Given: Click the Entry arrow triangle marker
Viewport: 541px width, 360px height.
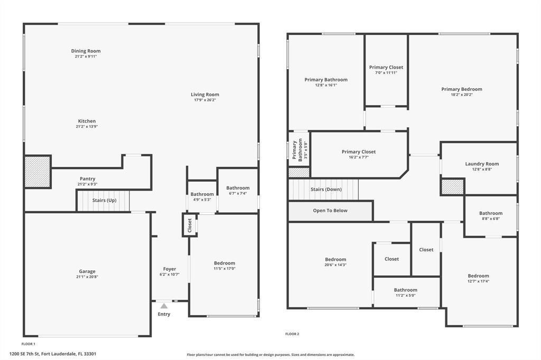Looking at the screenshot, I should pyautogui.click(x=164, y=306).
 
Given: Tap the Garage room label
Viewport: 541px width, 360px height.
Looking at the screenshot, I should pyautogui.click(x=87, y=271).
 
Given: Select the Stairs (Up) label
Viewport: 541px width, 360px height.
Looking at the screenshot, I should pyautogui.click(x=104, y=201).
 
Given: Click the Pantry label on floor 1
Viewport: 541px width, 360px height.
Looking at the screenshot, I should pyautogui.click(x=87, y=179).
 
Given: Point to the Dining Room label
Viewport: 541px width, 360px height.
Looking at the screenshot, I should pyautogui.click(x=86, y=51).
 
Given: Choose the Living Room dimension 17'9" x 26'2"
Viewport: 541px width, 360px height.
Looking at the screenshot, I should pyautogui.click(x=204, y=100).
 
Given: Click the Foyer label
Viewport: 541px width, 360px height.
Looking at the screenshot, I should pyautogui.click(x=170, y=269).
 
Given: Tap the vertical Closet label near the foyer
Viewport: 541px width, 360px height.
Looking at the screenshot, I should pyautogui.click(x=190, y=225).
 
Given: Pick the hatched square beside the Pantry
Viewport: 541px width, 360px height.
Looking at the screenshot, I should pyautogui.click(x=38, y=172).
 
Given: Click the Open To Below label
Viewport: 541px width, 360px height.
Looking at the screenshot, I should pyautogui.click(x=330, y=211).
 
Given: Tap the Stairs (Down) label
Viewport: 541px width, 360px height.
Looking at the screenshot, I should pyautogui.click(x=326, y=190).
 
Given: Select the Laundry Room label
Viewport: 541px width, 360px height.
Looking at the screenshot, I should pyautogui.click(x=482, y=164).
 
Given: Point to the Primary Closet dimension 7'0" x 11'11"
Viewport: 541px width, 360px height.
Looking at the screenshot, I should pyautogui.click(x=386, y=73).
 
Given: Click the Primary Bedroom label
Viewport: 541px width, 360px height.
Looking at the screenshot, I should pyautogui.click(x=462, y=89).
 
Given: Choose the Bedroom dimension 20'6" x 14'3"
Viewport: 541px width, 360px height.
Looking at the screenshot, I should pyautogui.click(x=335, y=265).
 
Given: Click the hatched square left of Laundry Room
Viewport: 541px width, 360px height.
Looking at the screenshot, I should pyautogui.click(x=452, y=187).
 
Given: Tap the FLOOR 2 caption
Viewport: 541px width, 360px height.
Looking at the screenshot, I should pyautogui.click(x=292, y=334).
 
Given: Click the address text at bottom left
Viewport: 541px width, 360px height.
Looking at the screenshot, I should pyautogui.click(x=53, y=354).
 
